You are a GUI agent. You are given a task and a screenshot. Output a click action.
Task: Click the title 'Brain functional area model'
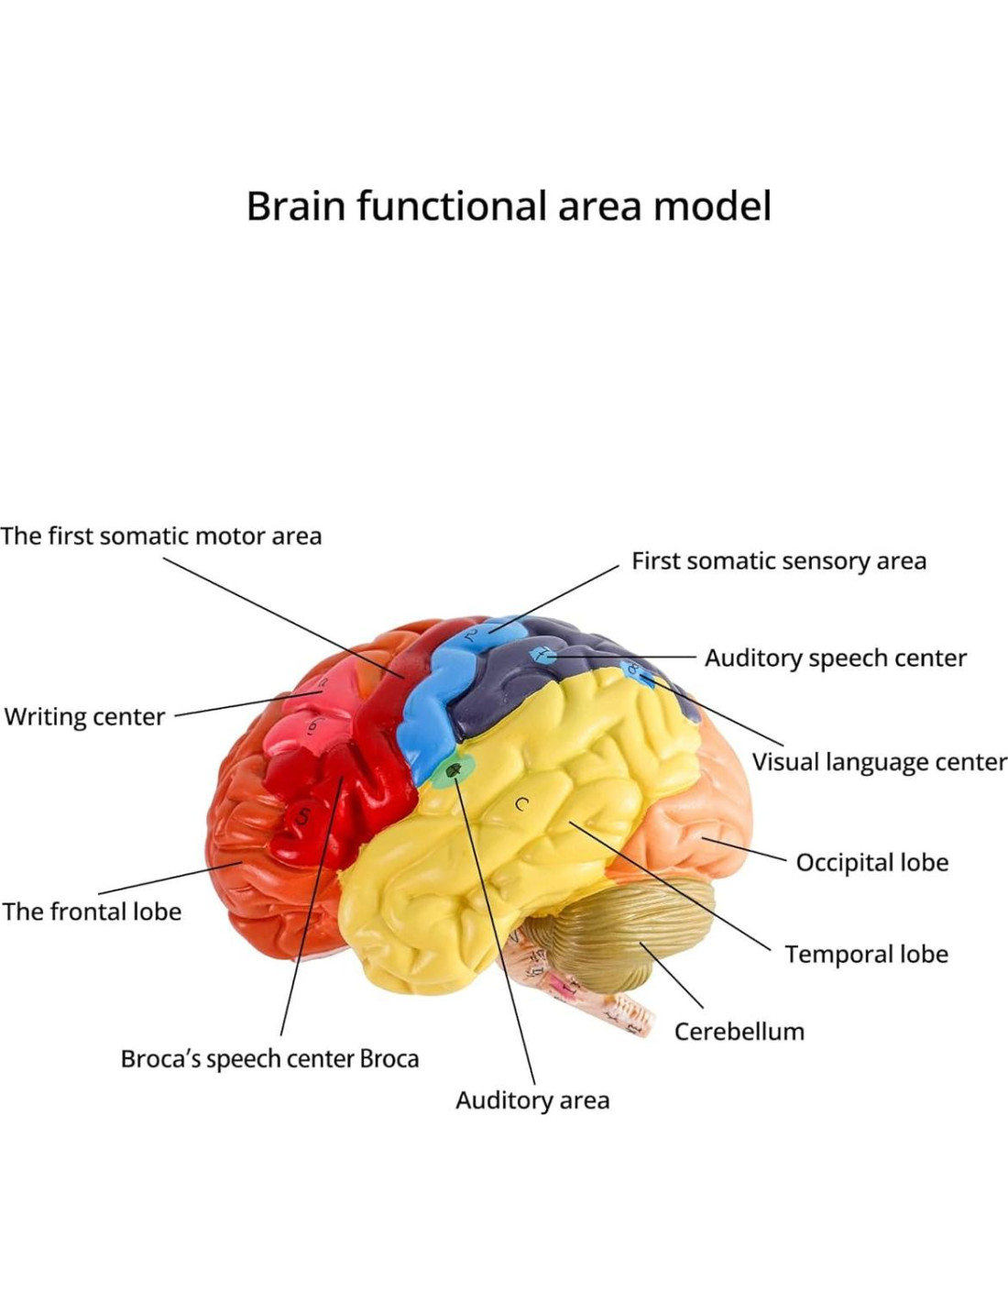click(509, 206)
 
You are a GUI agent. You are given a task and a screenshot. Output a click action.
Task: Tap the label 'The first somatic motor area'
click(161, 536)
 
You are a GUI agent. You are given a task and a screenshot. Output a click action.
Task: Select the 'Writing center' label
click(84, 716)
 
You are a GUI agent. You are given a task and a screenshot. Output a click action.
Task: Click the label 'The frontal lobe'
click(92, 912)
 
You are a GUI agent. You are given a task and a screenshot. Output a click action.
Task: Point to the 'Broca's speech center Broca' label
click(269, 1059)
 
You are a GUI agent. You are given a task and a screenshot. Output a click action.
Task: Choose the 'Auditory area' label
click(532, 1100)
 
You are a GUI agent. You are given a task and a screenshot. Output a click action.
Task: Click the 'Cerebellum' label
click(739, 1032)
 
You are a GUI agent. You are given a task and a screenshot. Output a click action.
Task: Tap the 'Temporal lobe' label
click(866, 955)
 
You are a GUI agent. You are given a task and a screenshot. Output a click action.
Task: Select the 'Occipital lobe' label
click(871, 863)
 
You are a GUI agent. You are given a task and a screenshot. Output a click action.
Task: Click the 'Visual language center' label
click(879, 762)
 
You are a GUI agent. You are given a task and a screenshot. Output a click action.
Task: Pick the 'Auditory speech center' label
click(835, 658)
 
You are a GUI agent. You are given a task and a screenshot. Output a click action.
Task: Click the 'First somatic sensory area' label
click(779, 561)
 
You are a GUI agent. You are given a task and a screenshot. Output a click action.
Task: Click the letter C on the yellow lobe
click(521, 805)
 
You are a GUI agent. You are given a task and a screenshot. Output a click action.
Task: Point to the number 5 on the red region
click(303, 816)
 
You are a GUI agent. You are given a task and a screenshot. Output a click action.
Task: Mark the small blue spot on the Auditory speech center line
click(542, 654)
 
